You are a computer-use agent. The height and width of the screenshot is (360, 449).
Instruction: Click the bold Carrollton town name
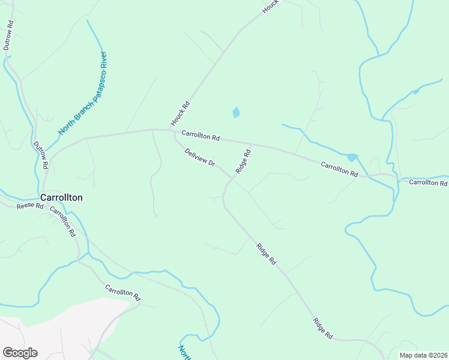coord(61,197)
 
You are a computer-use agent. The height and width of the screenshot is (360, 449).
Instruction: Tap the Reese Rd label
coord(31,206)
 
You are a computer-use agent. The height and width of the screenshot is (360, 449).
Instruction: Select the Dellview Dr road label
coord(200,158)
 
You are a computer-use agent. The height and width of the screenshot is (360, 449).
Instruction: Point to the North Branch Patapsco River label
coord(83,93)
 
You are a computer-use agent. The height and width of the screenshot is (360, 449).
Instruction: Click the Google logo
coord(20,353)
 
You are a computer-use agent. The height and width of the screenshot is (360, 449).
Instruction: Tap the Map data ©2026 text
coord(423,355)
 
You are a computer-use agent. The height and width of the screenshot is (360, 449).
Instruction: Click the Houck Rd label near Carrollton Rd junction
coord(180,113)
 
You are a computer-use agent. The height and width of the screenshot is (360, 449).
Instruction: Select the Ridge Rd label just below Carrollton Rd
coord(243,161)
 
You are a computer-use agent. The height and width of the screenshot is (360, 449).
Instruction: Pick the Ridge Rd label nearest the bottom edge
coord(323,329)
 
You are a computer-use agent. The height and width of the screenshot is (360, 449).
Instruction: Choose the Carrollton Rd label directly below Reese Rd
coord(62,220)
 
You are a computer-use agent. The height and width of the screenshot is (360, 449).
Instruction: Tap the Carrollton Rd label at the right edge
coord(428,182)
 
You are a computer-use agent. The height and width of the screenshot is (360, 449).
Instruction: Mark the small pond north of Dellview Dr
coord(236,112)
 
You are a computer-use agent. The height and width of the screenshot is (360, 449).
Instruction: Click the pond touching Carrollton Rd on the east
coord(352,157)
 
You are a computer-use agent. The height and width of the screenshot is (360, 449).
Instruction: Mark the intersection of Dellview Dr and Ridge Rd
coord(231,178)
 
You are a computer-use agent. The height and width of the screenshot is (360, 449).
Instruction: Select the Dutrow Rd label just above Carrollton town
coord(40,154)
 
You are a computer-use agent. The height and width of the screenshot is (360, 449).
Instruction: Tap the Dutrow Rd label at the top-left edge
coord(8,35)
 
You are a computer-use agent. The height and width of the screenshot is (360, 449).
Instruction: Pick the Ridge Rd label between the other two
coord(266,254)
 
